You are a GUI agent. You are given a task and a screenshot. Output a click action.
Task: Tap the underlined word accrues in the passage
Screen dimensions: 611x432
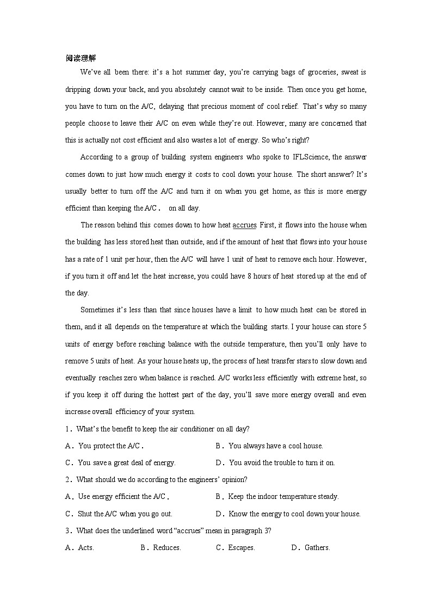point(244,225)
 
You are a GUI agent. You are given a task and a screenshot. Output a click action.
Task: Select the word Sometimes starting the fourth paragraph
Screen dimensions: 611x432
point(96,310)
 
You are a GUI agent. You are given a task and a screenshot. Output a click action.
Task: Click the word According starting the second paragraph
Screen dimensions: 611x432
point(96,157)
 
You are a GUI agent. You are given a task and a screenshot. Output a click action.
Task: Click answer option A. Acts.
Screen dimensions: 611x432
point(80,548)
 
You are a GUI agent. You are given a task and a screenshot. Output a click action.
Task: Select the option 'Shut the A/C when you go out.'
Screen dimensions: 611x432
point(119,514)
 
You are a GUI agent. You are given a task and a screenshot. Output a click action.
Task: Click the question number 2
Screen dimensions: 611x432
point(68,480)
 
